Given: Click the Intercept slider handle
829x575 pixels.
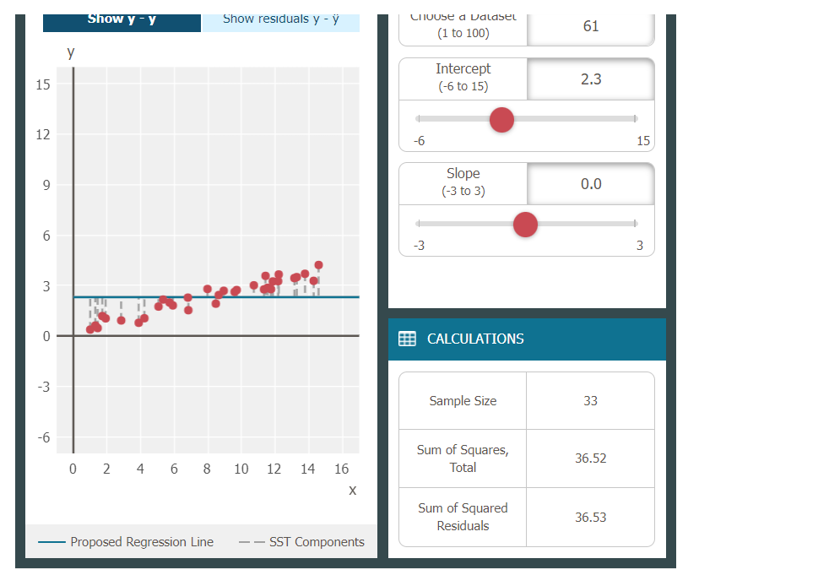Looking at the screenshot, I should pyautogui.click(x=501, y=120).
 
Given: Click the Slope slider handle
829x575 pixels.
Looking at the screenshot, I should pyautogui.click(x=525, y=225).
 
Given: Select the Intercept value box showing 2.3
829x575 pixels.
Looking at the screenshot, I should pyautogui.click(x=591, y=79).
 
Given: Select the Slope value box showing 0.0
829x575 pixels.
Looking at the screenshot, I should pyautogui.click(x=591, y=184).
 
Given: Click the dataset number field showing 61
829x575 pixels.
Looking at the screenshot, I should pyautogui.click(x=591, y=26).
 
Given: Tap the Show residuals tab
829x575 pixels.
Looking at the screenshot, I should pyautogui.click(x=281, y=19).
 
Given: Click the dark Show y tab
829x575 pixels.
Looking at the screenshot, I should pyautogui.click(x=122, y=19).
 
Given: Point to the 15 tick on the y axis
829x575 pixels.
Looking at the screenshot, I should pyautogui.click(x=43, y=84).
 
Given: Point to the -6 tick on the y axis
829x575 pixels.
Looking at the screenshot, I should pyautogui.click(x=42, y=437).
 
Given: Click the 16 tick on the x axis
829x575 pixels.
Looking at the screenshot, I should pyautogui.click(x=341, y=469).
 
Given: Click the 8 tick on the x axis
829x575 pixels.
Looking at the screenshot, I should pyautogui.click(x=207, y=469).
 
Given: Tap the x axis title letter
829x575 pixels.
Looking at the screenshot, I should pyautogui.click(x=352, y=491).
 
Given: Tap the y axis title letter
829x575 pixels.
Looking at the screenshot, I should pyautogui.click(x=71, y=52).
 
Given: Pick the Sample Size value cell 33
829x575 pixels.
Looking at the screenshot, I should pyautogui.click(x=590, y=401).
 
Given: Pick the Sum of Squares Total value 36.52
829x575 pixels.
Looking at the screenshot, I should pyautogui.click(x=590, y=458).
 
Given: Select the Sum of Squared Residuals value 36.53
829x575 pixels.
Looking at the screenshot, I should pyautogui.click(x=590, y=517).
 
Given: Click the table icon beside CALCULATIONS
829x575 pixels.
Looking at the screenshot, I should pyautogui.click(x=407, y=339).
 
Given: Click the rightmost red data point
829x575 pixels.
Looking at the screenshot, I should pyautogui.click(x=318, y=265).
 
